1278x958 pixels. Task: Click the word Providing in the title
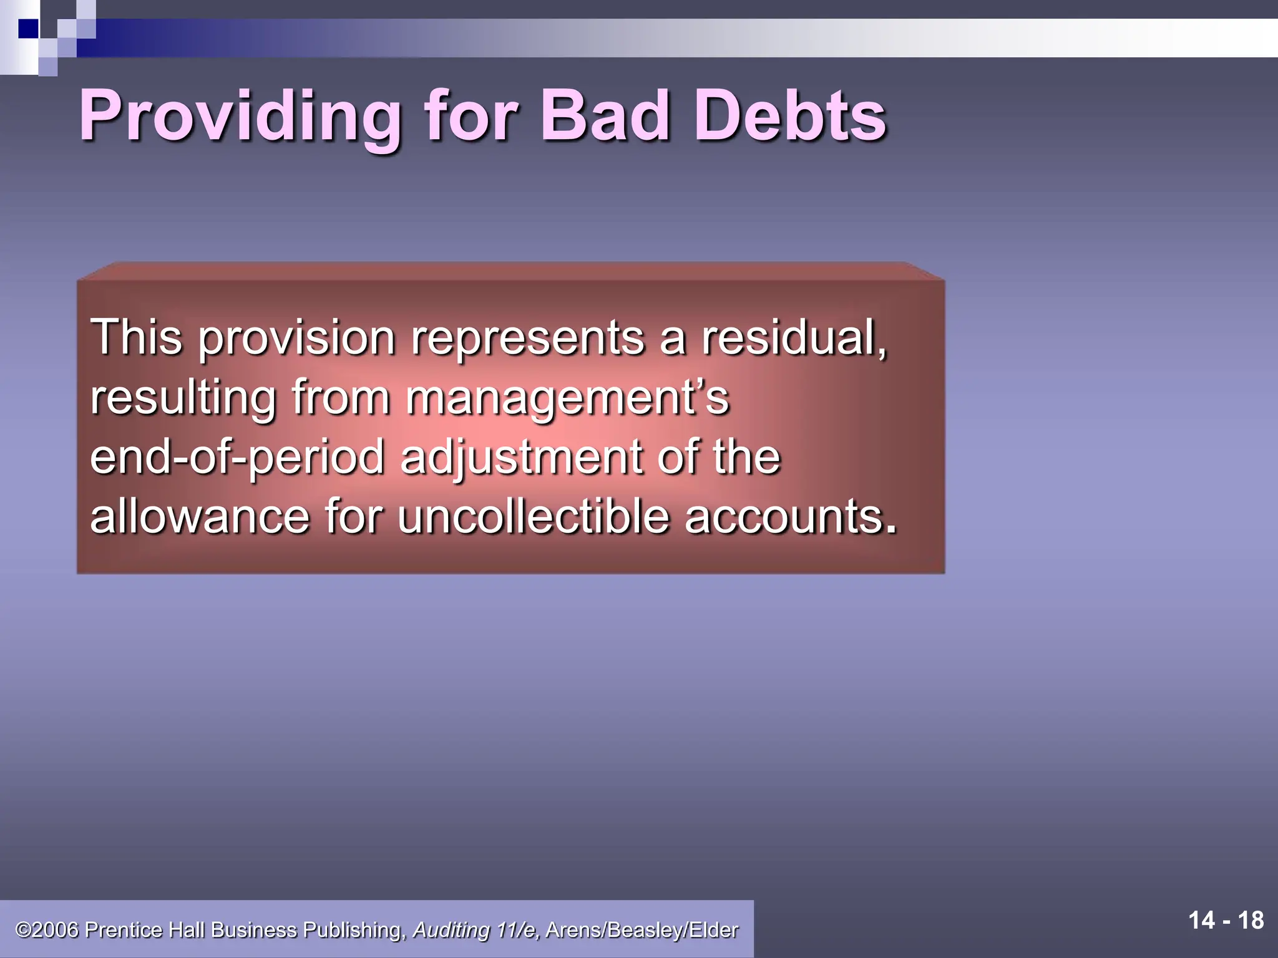click(240, 116)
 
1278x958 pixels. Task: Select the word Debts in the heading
click(790, 116)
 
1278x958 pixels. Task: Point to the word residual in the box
click(793, 337)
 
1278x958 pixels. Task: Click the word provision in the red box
click(296, 339)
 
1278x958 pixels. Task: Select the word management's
click(567, 398)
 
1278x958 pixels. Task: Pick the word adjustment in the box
click(521, 457)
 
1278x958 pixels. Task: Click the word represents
click(527, 339)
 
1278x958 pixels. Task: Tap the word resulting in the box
click(183, 398)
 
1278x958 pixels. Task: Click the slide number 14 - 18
click(1226, 921)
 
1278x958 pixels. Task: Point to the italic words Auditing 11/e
click(476, 930)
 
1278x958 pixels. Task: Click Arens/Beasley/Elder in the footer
click(641, 930)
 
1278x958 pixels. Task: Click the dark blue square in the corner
click(28, 29)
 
